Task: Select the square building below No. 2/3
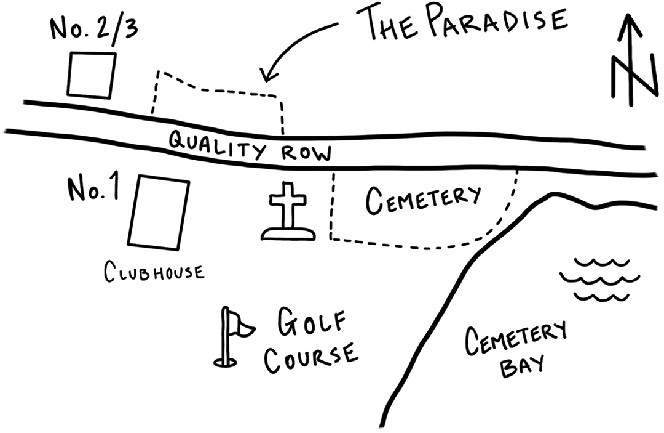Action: pos(92,75)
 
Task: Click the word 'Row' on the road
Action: pos(307,153)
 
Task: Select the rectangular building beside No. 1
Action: pos(159,212)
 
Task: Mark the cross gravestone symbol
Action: pos(288,212)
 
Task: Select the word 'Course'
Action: pos(311,358)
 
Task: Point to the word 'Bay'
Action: pos(522,366)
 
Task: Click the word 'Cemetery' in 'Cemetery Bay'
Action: pos(516,338)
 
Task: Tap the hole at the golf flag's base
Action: pos(225,363)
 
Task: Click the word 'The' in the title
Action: pos(389,24)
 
